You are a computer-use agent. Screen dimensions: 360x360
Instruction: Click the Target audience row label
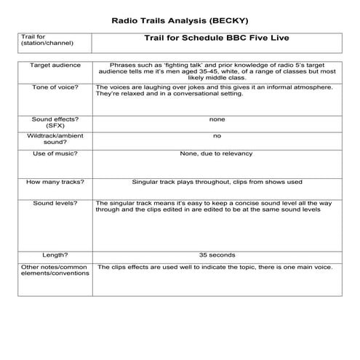[50, 65]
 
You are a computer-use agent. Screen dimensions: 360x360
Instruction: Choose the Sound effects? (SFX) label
[50, 121]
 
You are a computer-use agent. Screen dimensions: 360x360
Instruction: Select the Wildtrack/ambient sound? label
[50, 139]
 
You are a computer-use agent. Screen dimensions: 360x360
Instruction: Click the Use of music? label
[50, 154]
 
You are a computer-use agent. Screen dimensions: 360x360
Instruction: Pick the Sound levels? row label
[50, 203]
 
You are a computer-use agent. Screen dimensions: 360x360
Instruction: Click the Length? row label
[50, 255]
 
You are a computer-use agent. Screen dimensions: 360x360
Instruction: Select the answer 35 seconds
[217, 255]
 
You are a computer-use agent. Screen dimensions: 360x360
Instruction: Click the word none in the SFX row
[217, 119]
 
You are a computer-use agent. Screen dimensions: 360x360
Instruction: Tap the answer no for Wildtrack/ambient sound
[217, 136]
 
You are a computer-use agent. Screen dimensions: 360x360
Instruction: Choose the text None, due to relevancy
[217, 154]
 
